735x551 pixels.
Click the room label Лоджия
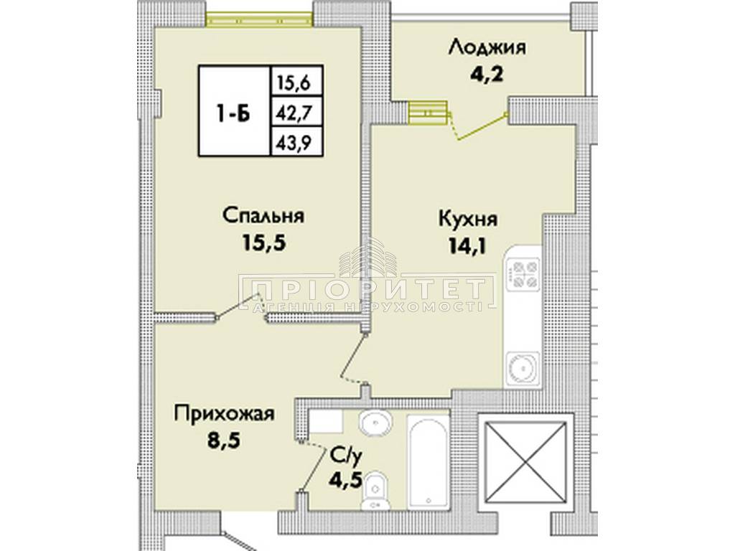pos(487,48)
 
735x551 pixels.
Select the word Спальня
pos(263,216)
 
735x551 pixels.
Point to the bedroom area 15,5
pos(263,243)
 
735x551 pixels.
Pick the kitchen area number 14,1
pos(468,245)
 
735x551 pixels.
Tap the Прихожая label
pos(224,414)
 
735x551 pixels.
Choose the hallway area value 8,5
pos(224,441)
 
